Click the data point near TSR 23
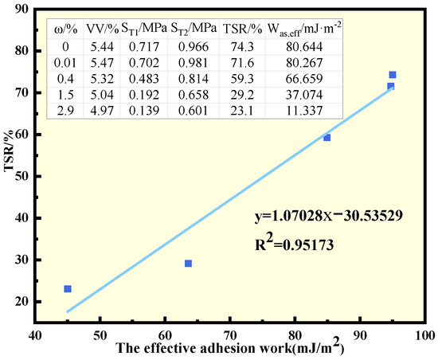pos(68,288)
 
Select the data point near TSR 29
pos(188,263)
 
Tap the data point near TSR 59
pos(327,137)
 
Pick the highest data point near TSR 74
pos(393,75)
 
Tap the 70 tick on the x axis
pos(229,333)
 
